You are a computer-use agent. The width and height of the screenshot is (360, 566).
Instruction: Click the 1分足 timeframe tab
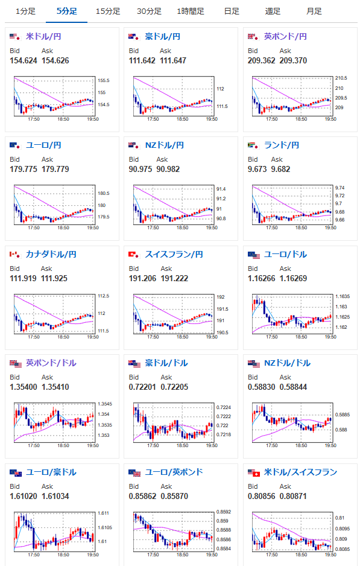[x=25, y=11]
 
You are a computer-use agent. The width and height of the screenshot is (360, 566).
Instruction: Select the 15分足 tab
[x=108, y=11]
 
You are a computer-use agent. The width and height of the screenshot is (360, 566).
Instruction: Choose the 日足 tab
[x=232, y=11]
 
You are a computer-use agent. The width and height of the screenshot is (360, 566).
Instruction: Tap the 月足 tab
[x=314, y=11]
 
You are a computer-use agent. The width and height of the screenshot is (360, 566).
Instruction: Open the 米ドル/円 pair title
[x=43, y=36]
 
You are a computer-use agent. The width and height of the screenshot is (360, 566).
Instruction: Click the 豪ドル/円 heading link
[x=163, y=36]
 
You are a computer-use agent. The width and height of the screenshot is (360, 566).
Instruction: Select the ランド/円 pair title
[x=282, y=145]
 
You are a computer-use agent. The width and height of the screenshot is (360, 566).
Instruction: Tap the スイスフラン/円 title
[x=174, y=255]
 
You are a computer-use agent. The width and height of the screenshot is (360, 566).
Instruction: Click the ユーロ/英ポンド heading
[x=174, y=472]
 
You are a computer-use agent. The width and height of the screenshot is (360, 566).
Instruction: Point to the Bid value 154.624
[x=24, y=60]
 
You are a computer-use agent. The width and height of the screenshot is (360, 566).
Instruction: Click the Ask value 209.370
[x=293, y=60]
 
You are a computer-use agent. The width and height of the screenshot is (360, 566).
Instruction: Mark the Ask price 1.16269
[x=293, y=279]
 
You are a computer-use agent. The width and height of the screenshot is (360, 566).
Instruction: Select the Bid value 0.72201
[x=142, y=387]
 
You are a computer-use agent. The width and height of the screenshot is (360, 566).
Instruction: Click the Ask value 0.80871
[x=293, y=497]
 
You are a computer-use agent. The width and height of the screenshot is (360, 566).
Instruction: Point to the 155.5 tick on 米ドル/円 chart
[x=104, y=80]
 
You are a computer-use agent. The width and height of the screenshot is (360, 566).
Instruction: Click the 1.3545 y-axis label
[x=104, y=404]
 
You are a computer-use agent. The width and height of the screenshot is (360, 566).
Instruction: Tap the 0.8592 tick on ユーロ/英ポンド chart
[x=224, y=512]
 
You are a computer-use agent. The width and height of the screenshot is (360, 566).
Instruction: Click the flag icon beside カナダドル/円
[x=15, y=255]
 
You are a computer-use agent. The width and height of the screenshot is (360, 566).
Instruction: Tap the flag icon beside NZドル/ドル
[x=254, y=364]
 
